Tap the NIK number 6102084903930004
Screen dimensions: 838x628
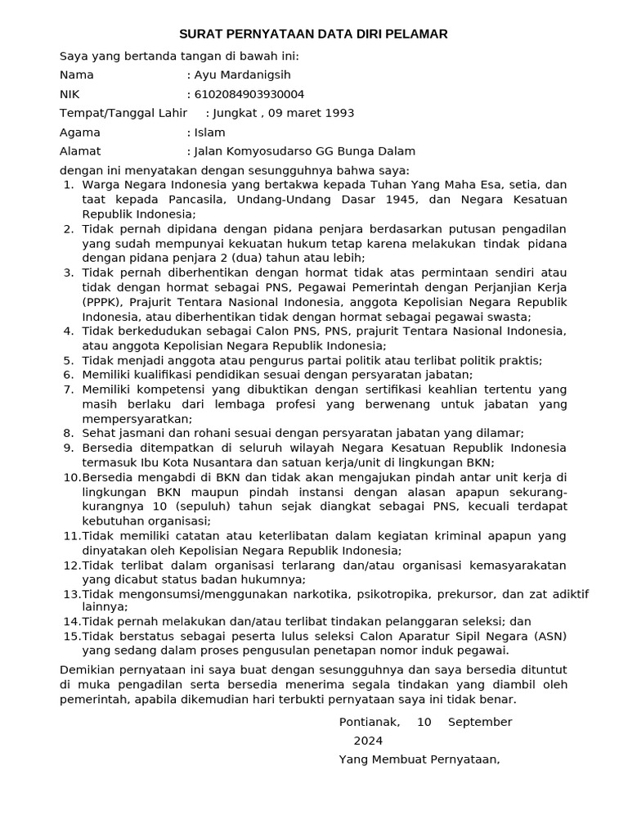pyautogui.click(x=249, y=94)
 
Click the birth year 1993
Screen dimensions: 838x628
pyautogui.click(x=339, y=113)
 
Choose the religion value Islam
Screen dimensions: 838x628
pyautogui.click(x=209, y=132)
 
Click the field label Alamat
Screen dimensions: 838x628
pyautogui.click(x=80, y=151)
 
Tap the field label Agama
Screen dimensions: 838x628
pyautogui.click(x=80, y=132)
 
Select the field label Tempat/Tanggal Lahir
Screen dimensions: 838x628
pyautogui.click(x=123, y=113)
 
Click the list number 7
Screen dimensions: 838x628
pyautogui.click(x=69, y=389)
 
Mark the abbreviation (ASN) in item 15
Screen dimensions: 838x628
pyautogui.click(x=549, y=636)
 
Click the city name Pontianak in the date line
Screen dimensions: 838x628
pyautogui.click(x=370, y=722)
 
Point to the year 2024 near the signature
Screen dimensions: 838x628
pyautogui.click(x=368, y=741)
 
